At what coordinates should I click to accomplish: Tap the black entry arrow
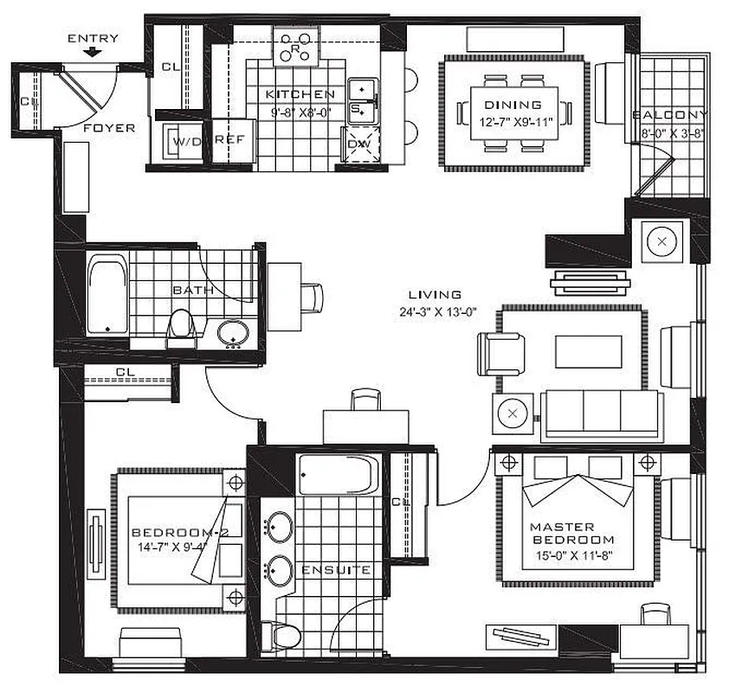click(x=93, y=53)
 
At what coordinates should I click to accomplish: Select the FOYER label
click(x=109, y=128)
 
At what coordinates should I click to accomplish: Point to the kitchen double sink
click(x=362, y=99)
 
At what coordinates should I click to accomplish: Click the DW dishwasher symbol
click(x=357, y=144)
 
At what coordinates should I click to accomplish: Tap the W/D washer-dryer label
click(x=187, y=141)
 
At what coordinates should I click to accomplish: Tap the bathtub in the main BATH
click(x=107, y=293)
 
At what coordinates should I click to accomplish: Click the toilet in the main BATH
click(x=181, y=325)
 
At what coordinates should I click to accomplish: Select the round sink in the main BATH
click(x=232, y=332)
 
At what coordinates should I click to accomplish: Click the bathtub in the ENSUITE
click(x=339, y=475)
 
